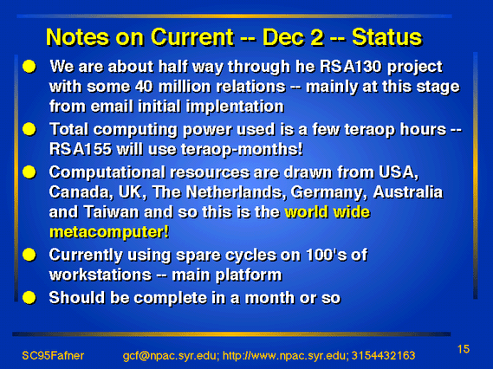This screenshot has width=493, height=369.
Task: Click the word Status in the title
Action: (x=386, y=37)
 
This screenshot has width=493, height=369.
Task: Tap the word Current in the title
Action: (x=192, y=37)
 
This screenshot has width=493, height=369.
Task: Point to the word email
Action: (x=112, y=107)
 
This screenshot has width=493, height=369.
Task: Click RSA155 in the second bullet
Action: (x=81, y=149)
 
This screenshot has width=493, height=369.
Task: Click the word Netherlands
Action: (x=237, y=192)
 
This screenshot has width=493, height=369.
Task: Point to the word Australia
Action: (x=408, y=192)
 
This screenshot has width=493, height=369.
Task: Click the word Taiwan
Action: (x=111, y=212)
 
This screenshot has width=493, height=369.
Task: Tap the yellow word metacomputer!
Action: (x=109, y=232)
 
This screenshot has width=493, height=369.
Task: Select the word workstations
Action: (x=101, y=275)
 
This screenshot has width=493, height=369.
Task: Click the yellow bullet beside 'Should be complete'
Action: (x=29, y=298)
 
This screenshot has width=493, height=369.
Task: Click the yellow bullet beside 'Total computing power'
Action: (x=29, y=129)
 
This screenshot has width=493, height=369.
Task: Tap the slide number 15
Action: (x=464, y=349)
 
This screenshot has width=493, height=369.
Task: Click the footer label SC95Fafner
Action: (x=53, y=355)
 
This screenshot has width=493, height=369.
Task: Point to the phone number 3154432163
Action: (x=383, y=355)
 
